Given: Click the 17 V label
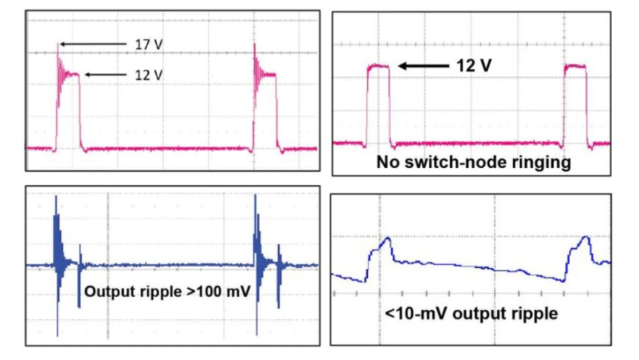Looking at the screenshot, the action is [x=149, y=44].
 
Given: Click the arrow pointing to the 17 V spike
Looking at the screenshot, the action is [x=93, y=44].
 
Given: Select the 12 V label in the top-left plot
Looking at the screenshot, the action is [x=149, y=75].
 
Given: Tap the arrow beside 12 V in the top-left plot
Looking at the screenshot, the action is [x=106, y=75].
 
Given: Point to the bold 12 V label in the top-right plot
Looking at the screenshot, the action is [x=474, y=65].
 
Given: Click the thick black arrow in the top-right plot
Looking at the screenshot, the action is [x=423, y=66].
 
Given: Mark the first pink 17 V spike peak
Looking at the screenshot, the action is [x=58, y=43].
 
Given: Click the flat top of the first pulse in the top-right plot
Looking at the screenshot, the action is [x=378, y=66].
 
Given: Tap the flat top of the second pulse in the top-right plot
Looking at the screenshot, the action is [x=575, y=66].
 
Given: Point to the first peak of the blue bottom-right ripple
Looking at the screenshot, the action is [x=388, y=237].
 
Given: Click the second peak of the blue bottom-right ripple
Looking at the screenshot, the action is [x=586, y=237].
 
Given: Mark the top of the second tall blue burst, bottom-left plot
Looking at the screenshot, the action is [x=255, y=195].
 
